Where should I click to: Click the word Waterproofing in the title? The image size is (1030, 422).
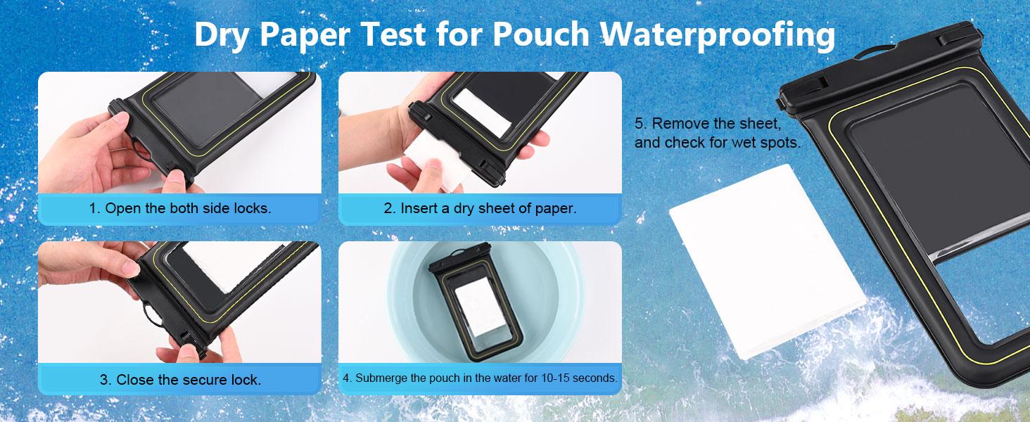[718, 35]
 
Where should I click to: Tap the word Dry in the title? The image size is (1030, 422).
[224, 35]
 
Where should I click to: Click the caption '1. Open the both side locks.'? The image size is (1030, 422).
[180, 208]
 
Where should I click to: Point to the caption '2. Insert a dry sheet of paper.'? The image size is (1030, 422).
[480, 208]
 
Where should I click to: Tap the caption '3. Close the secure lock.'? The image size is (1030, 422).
[180, 380]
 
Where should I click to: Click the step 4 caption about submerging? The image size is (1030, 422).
[480, 378]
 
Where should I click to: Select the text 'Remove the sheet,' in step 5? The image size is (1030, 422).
[716, 123]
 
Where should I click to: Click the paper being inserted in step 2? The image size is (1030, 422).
[441, 152]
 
